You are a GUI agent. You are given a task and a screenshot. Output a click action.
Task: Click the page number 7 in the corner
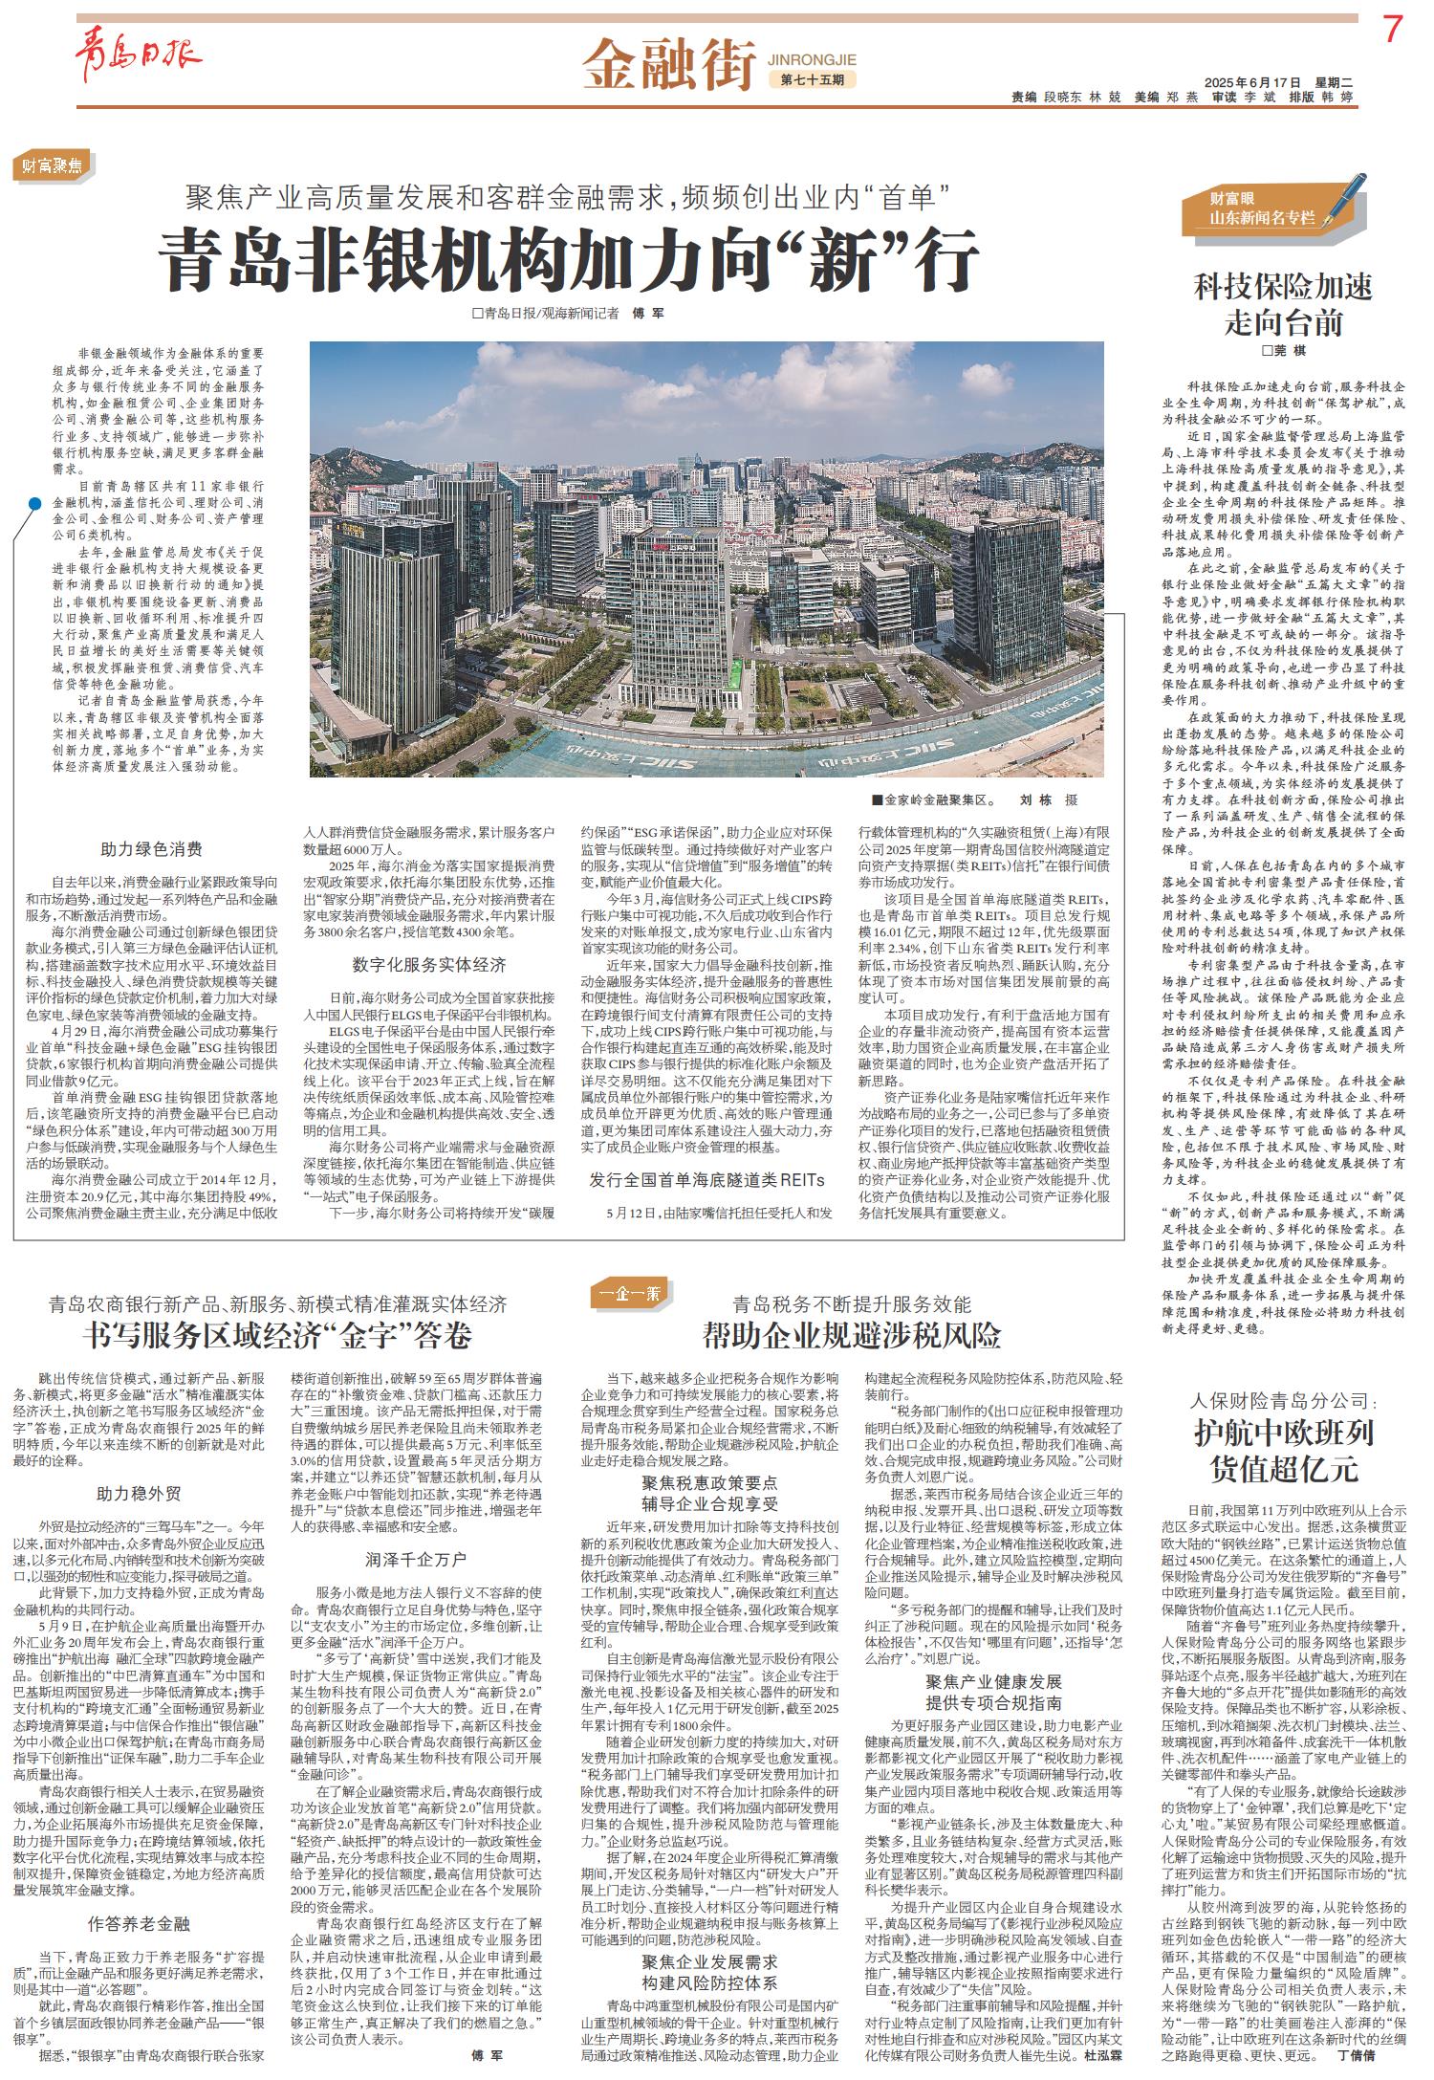point(1391,33)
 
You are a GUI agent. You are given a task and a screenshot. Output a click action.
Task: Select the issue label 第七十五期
point(812,79)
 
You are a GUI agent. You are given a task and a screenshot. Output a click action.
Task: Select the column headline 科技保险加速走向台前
point(1282,305)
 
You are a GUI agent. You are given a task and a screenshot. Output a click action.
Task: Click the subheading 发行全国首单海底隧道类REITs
point(706,1180)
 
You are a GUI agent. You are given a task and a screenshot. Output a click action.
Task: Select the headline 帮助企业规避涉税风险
point(852,1333)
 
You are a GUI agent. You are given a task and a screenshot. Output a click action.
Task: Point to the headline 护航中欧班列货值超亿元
point(1282,1449)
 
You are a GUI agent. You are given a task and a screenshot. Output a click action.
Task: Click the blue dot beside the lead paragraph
point(34,504)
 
